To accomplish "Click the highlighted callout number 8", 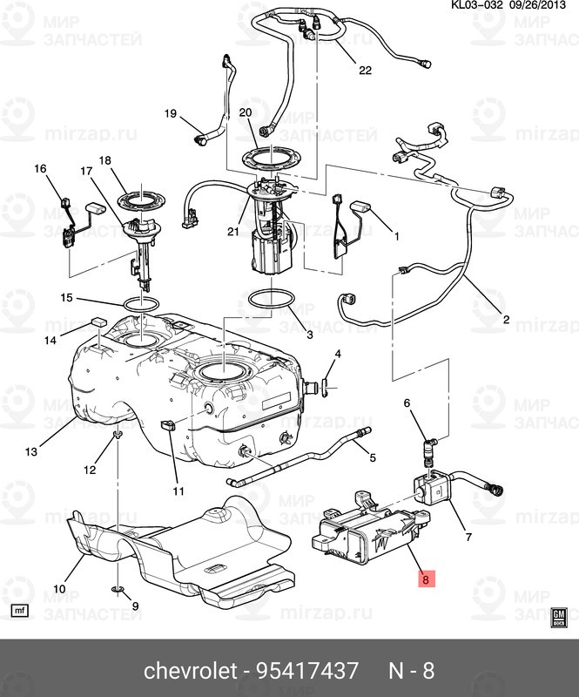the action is pyautogui.click(x=426, y=579).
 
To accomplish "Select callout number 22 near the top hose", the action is pyautogui.click(x=365, y=70).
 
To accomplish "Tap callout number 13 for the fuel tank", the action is pyautogui.click(x=31, y=452).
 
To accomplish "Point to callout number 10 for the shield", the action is pyautogui.click(x=59, y=589).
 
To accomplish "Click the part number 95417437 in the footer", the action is pyautogui.click(x=307, y=671).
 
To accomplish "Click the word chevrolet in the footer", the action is pyautogui.click(x=190, y=671).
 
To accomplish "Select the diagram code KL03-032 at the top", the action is pyautogui.click(x=477, y=5).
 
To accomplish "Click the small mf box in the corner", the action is pyautogui.click(x=19, y=611).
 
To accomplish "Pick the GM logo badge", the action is pyautogui.click(x=559, y=618).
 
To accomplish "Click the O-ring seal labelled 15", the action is pyautogui.click(x=141, y=304).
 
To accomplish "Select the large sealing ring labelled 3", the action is pyautogui.click(x=271, y=299).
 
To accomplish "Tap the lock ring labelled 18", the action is pyautogui.click(x=141, y=201).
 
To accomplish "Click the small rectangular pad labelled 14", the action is pyautogui.click(x=99, y=321).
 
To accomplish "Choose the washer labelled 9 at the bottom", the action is pyautogui.click(x=117, y=589).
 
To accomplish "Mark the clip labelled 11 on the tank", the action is pyautogui.click(x=166, y=425).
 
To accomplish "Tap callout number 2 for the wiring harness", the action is pyautogui.click(x=506, y=319).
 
